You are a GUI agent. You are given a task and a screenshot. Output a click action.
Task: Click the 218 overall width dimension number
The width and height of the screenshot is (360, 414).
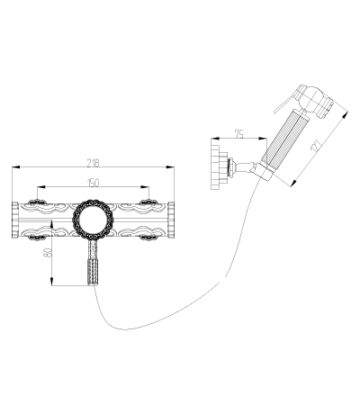pyautogui.click(x=93, y=163)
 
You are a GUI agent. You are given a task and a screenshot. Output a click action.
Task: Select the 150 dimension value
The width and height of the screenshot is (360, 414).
pyautogui.click(x=93, y=183)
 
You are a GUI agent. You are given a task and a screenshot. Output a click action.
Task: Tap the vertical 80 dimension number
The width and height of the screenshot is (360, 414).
pyautogui.click(x=48, y=253)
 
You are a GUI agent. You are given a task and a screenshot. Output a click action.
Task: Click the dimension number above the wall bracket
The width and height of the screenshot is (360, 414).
pyautogui.click(x=238, y=134)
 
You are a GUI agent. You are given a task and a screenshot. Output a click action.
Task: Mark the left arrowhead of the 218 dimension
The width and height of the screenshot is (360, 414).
pyautogui.click(x=16, y=167)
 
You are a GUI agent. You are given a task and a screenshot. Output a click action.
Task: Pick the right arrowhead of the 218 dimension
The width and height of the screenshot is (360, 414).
pyautogui.click(x=170, y=167)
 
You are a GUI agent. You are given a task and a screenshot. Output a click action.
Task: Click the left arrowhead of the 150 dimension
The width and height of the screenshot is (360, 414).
pyautogui.click(x=40, y=187)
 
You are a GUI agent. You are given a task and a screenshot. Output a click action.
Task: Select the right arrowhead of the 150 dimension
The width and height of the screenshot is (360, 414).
pyautogui.click(x=145, y=187)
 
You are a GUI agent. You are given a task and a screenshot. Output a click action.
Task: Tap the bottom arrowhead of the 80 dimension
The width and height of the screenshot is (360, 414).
pyautogui.click(x=52, y=282)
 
